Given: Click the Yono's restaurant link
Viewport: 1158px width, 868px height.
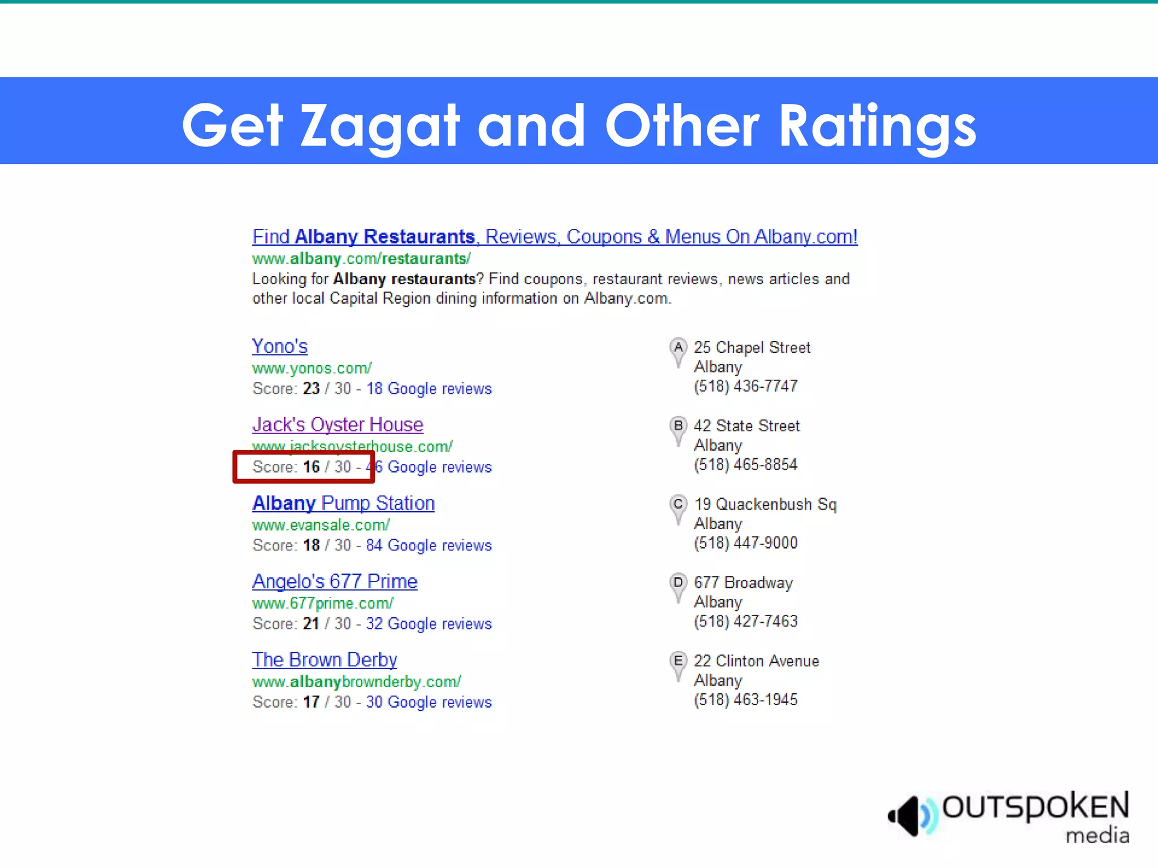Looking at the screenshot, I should coord(280,346).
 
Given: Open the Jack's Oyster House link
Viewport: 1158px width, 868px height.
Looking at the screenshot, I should coord(338,424).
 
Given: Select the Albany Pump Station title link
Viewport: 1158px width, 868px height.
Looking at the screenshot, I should coord(343,503).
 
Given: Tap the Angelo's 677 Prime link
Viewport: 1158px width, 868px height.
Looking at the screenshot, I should coord(335,581).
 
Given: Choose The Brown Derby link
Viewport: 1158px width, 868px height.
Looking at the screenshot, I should coord(325,659).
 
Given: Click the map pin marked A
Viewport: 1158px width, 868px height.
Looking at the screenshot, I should coord(678,350).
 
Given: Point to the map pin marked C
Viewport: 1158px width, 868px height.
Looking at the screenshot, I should coord(678,507).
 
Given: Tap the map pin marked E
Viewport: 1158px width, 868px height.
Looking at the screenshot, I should coord(678,664).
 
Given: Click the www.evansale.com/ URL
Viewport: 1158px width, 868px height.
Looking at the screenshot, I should coord(321,525).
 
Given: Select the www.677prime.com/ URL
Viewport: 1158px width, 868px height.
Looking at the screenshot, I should coord(323,604).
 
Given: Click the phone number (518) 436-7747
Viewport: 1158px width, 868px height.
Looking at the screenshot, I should coord(745,386).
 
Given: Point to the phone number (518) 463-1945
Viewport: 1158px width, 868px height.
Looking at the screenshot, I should coord(745,700).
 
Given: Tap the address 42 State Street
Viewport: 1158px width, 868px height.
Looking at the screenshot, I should coord(746,426).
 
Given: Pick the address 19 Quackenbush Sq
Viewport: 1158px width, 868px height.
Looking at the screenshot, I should coord(765,504).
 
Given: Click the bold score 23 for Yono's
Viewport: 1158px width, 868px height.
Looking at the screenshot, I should coord(311,389).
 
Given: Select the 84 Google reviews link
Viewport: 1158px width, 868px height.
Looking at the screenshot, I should coord(429,545).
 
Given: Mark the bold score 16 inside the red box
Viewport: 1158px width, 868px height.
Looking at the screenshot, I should coord(311,467).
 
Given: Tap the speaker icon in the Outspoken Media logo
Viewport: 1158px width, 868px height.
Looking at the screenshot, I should coord(910,815).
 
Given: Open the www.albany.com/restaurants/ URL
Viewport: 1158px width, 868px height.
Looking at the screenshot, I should coord(361,259).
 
